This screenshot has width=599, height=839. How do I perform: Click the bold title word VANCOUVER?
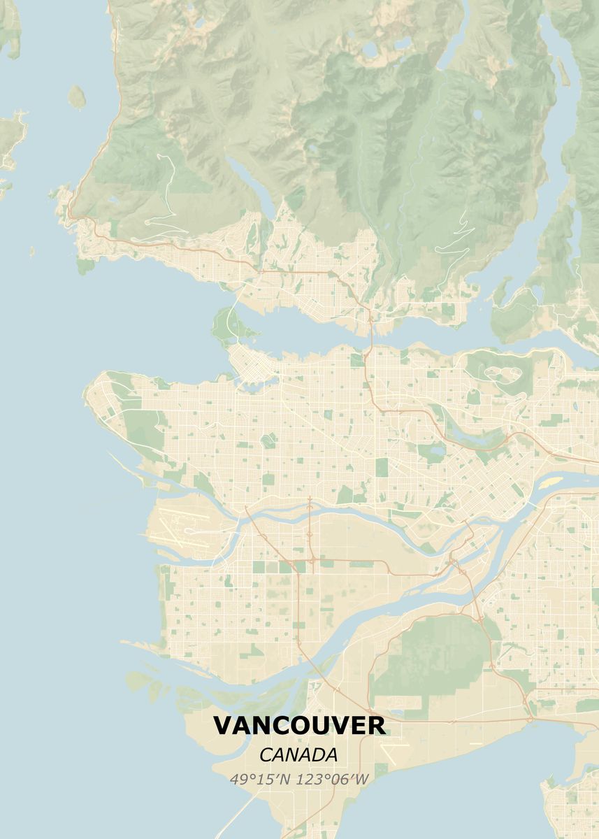(299, 726)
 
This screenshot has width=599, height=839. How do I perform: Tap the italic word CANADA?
(298, 755)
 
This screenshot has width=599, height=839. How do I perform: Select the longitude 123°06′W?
(333, 779)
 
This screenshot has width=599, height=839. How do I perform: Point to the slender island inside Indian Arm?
(563, 71)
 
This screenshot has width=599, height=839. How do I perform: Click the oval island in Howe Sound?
(76, 96)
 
